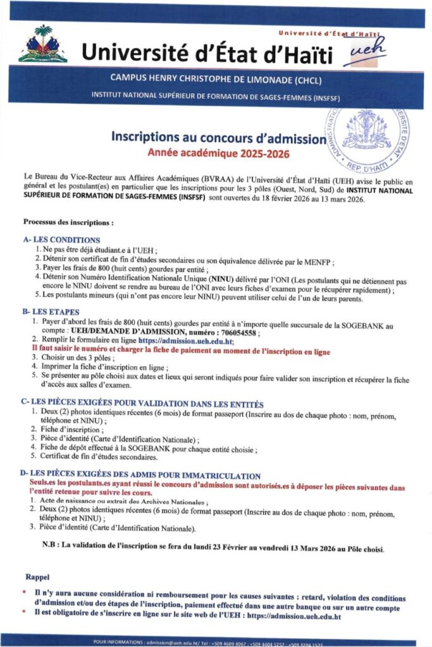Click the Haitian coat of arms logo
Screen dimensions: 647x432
pyautogui.click(x=43, y=44)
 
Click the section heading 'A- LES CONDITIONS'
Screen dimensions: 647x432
pyautogui.click(x=61, y=240)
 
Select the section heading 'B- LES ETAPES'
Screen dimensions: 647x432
pyautogui.click(x=52, y=312)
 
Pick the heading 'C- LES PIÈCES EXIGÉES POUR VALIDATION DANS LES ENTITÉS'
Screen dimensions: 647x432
pyautogui.click(x=142, y=403)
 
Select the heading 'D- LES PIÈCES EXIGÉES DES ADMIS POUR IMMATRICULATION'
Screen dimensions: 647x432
pyautogui.click(x=140, y=475)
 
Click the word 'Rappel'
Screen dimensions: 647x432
pyautogui.click(x=38, y=577)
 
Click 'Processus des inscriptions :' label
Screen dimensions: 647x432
pyautogui.click(x=68, y=222)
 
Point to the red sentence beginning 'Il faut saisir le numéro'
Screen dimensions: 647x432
pyautogui.click(x=181, y=348)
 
